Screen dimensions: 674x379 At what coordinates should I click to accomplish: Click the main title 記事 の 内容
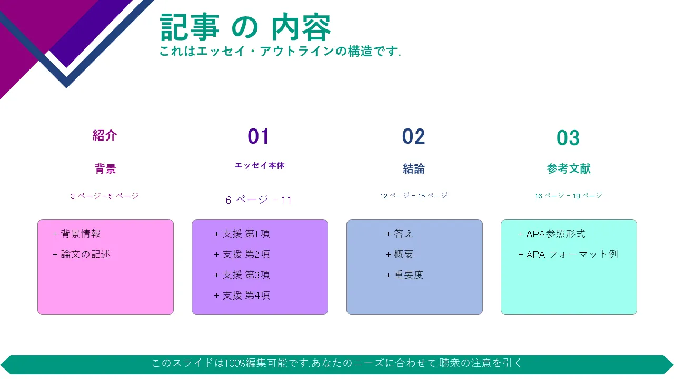tap(245, 27)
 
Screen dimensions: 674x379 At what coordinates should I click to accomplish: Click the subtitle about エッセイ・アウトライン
tap(280, 51)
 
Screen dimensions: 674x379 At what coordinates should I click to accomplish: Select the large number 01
tap(259, 136)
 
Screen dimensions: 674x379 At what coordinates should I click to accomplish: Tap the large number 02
tap(414, 136)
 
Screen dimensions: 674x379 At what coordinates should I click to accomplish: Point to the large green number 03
tap(568, 138)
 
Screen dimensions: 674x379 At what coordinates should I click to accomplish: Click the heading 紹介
tap(105, 136)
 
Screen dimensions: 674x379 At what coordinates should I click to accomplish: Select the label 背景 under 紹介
tap(105, 169)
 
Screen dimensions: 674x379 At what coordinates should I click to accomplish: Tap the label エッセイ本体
tap(260, 165)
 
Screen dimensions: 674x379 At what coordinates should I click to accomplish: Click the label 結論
tap(414, 169)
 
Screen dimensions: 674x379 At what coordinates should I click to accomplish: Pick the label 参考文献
tap(569, 169)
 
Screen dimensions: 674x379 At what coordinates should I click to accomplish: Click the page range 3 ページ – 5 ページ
tap(105, 196)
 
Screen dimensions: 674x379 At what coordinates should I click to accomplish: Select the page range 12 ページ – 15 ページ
tap(414, 196)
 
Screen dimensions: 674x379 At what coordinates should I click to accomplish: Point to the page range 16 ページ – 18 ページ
tap(568, 196)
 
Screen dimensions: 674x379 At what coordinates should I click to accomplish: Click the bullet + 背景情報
tap(76, 234)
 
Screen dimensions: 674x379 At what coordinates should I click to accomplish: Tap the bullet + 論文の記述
tap(81, 254)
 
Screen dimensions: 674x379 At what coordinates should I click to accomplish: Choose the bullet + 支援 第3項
tap(242, 275)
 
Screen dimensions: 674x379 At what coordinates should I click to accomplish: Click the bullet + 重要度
tap(404, 275)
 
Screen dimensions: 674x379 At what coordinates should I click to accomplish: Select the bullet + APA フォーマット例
tap(568, 254)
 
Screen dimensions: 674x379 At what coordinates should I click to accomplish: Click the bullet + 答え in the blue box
tap(399, 234)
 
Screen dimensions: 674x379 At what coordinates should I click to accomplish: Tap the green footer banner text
tap(336, 363)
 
